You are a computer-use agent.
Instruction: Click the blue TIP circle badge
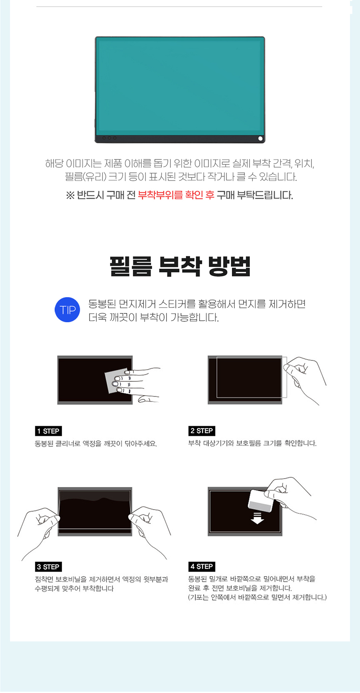67,310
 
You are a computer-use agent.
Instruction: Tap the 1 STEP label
48,431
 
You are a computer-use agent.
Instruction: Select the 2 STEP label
202,431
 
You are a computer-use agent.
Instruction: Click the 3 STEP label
48,567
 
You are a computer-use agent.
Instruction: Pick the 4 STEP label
202,567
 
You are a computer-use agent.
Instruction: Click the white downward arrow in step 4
257,518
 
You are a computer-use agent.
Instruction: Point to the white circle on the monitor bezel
260,138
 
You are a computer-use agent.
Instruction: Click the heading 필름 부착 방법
180,266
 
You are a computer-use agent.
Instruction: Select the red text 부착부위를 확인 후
176,195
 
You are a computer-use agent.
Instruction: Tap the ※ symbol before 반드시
70,195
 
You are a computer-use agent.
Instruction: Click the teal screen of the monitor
180,86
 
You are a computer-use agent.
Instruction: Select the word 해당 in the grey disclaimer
54,163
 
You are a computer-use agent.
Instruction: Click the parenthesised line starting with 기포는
257,597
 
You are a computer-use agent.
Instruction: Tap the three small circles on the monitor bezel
109,138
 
